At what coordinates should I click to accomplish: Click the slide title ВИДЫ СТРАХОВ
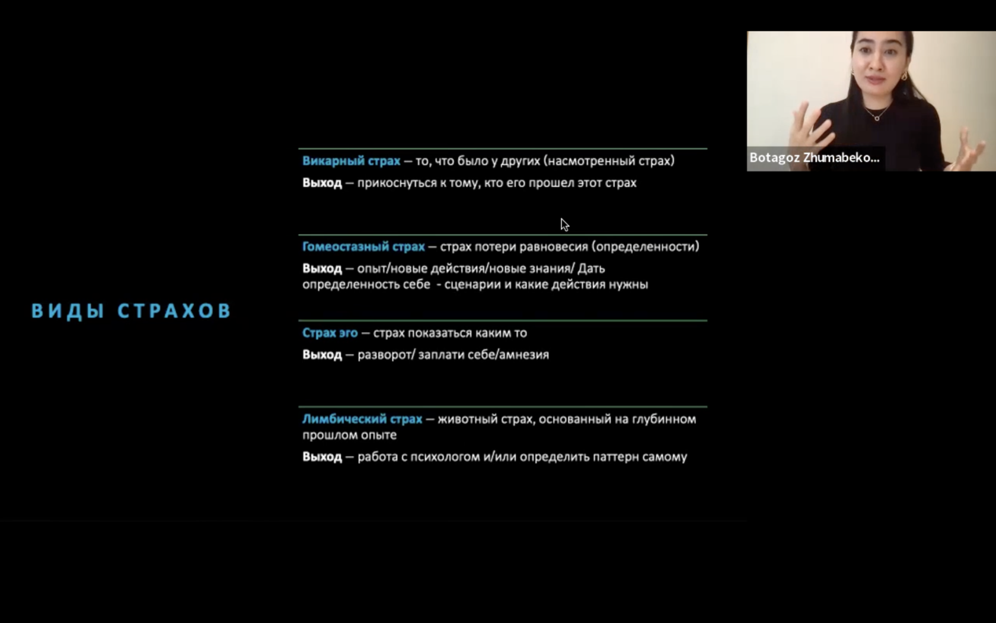tap(131, 311)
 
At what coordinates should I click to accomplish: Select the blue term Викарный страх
tap(351, 161)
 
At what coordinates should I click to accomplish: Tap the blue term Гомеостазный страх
tap(363, 247)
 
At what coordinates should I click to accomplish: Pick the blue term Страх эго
tap(330, 333)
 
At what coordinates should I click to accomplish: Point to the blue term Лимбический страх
tap(362, 419)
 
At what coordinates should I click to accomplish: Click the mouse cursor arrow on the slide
tap(564, 224)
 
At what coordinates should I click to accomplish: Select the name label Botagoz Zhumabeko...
tap(814, 158)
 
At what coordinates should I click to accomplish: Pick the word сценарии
tap(473, 285)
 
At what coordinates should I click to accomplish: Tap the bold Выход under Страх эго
tap(322, 355)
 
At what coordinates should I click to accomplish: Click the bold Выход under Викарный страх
tap(322, 183)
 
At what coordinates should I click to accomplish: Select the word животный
tap(467, 419)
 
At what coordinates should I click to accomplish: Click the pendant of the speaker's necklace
tap(877, 119)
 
